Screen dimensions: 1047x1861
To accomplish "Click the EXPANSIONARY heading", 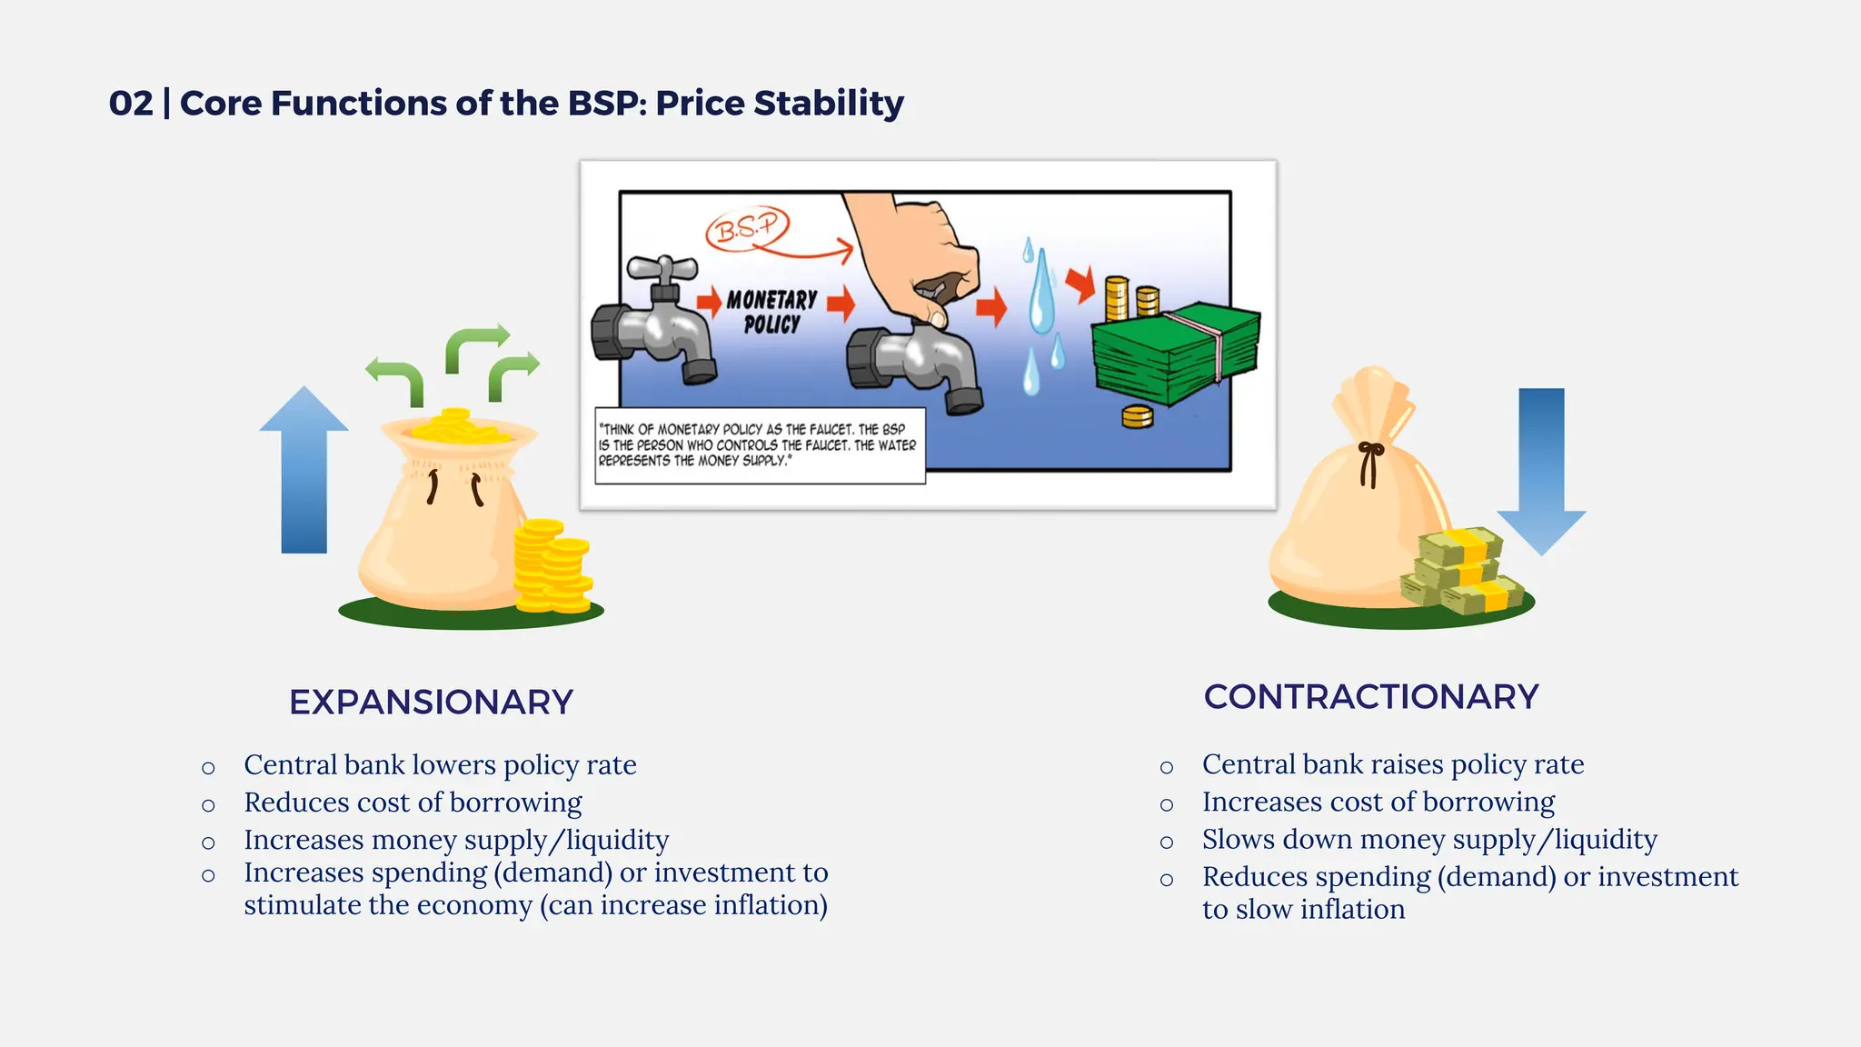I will [x=431, y=702].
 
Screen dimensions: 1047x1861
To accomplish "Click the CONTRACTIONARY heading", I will [x=1371, y=696].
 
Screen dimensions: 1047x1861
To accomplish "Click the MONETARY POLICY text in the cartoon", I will [x=771, y=311].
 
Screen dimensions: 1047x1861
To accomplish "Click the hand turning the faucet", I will [x=918, y=254].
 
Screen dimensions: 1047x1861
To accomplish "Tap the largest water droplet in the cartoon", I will [x=1041, y=293].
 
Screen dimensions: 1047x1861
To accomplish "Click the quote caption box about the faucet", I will [x=759, y=445].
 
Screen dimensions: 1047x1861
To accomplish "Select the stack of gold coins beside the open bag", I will [x=552, y=565].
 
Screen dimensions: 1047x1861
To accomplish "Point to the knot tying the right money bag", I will [x=1369, y=452].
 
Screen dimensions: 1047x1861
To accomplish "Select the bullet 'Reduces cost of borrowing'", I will [x=413, y=803].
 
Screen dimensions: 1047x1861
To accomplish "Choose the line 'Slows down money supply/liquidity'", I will [x=1429, y=839].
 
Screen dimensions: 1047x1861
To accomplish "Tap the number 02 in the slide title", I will [x=131, y=103].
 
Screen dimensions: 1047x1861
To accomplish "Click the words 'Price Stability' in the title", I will [x=780, y=103].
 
